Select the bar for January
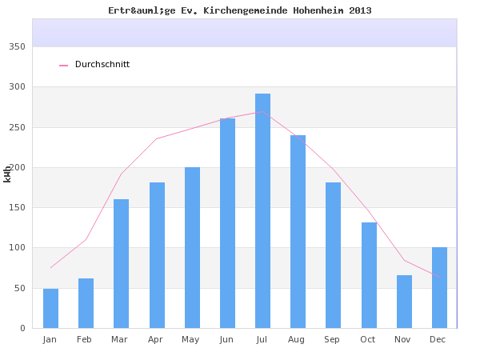(50, 308)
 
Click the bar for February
(86, 303)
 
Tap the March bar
(121, 263)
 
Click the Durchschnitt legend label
(102, 65)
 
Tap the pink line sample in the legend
(64, 66)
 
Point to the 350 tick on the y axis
(18, 46)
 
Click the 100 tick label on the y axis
(18, 248)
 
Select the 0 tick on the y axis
(22, 328)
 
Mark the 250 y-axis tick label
(18, 127)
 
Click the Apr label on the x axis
(156, 339)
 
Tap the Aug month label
(298, 339)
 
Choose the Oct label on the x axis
(368, 339)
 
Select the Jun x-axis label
(226, 339)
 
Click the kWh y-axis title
(7, 173)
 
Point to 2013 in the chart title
(360, 10)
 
